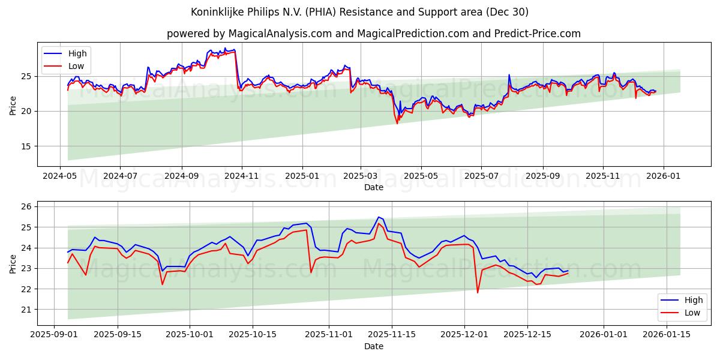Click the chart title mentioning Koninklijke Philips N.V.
pos(359,12)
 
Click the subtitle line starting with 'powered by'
pos(373,34)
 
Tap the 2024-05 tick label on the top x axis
pos(59,176)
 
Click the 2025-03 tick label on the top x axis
pos(361,176)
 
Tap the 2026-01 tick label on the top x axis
pos(664,176)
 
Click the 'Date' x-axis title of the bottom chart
pos(374,347)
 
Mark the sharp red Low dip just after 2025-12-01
pos(478,293)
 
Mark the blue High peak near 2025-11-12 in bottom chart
pos(379,217)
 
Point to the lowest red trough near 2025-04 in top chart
pos(397,124)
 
